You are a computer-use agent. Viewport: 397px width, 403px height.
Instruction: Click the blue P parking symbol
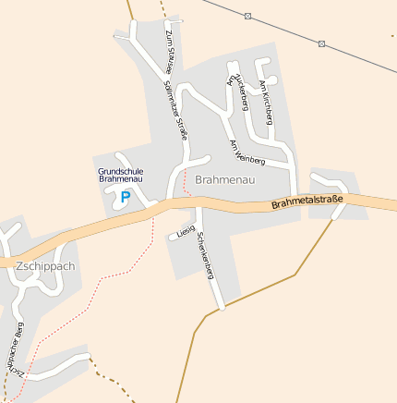pyautogui.click(x=126, y=196)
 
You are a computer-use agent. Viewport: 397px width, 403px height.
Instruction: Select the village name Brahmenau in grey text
pyautogui.click(x=224, y=179)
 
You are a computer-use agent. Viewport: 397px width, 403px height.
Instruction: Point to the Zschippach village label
pyautogui.click(x=44, y=265)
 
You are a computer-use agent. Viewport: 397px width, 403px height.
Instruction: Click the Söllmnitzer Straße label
pyautogui.click(x=175, y=109)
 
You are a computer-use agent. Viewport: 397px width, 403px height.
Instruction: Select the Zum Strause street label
pyautogui.click(x=169, y=51)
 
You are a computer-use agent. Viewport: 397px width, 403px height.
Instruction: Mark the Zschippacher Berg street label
pyautogui.click(x=16, y=349)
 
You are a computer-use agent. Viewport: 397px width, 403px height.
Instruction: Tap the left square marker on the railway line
pyautogui.click(x=247, y=16)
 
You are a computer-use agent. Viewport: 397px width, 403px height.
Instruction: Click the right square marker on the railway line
pyautogui.click(x=321, y=43)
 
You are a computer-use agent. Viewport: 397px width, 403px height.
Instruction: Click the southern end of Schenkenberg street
pyautogui.click(x=221, y=306)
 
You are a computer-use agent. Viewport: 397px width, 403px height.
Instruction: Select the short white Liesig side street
pyautogui.click(x=175, y=236)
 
